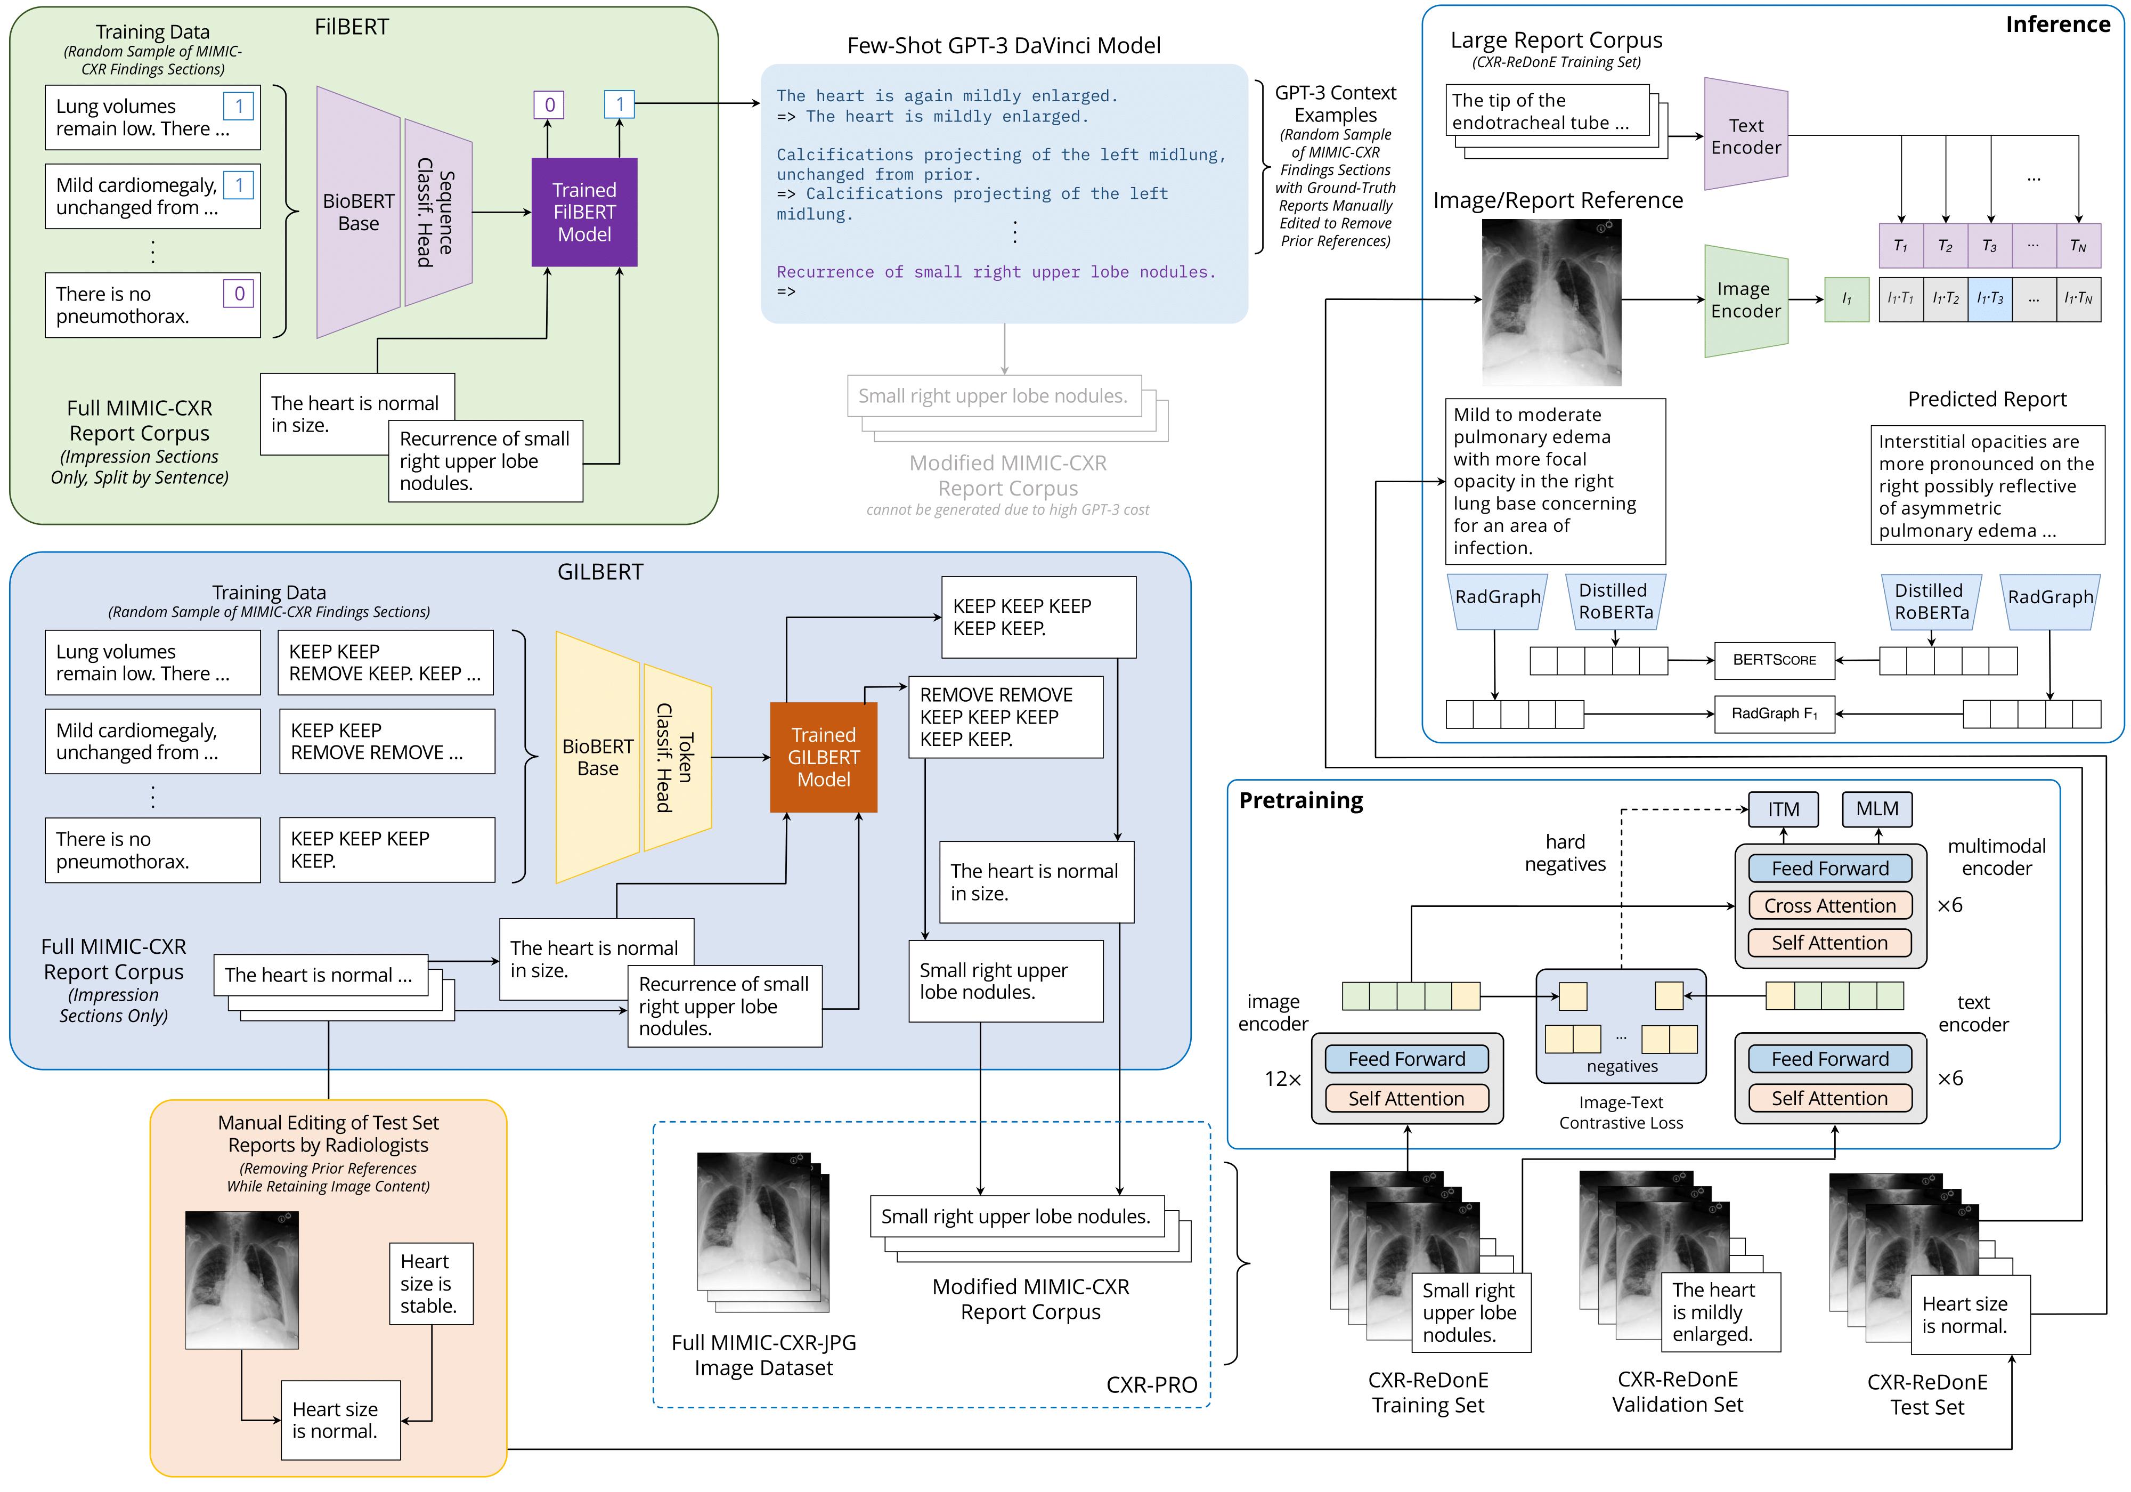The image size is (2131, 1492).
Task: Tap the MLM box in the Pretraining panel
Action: pos(1877,809)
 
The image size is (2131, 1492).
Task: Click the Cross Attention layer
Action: pos(1829,905)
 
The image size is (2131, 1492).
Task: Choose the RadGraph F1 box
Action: pos(1774,713)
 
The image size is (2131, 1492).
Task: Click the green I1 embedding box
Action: pos(1846,299)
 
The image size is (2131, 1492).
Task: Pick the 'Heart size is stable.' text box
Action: pos(430,1283)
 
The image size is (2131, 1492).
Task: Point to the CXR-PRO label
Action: pos(1151,1384)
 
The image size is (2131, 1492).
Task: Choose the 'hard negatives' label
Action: pos(1564,853)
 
